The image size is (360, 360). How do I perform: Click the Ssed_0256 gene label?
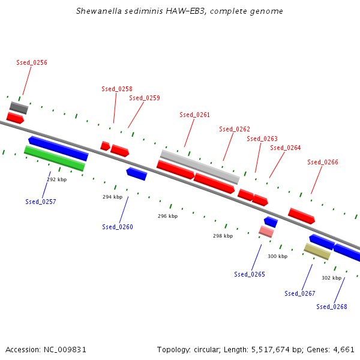(32, 62)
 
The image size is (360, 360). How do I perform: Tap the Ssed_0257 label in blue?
(41, 202)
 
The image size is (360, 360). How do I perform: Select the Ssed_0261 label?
(194, 115)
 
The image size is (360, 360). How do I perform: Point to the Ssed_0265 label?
(250, 274)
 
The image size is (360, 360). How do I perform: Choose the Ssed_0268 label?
(332, 307)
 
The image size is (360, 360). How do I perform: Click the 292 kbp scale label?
(57, 179)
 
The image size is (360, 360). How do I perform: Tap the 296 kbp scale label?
(168, 216)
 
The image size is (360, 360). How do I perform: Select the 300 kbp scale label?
(278, 256)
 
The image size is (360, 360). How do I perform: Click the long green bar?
(55, 158)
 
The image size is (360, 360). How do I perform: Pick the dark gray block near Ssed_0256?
(19, 108)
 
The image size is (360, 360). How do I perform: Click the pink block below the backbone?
(266, 232)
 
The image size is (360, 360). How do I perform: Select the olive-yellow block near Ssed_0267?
(317, 251)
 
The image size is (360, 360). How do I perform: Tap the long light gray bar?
(200, 167)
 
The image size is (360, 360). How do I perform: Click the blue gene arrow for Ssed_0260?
(137, 174)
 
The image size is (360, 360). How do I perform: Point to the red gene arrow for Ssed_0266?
(301, 216)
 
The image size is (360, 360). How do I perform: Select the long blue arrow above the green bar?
(58, 149)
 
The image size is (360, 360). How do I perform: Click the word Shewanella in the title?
(99, 11)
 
